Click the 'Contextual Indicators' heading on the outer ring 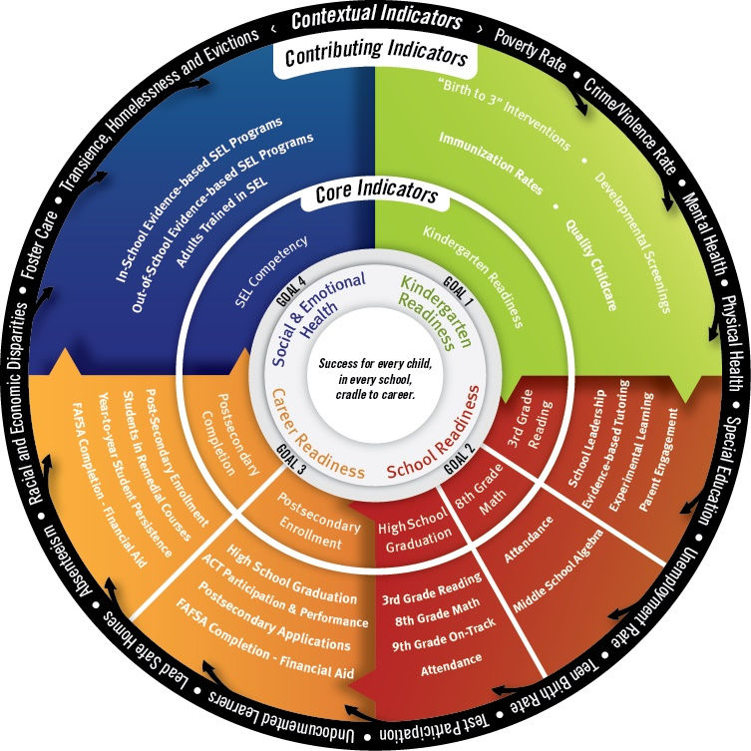(376, 19)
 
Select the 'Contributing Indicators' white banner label (376, 56)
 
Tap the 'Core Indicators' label (376, 192)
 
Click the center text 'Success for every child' (375, 363)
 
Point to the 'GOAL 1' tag (458, 290)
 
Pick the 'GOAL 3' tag (290, 459)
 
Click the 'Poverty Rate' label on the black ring (530, 49)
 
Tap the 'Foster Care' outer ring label (39, 244)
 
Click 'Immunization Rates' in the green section (492, 163)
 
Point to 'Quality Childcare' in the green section (591, 265)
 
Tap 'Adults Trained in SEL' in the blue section (221, 223)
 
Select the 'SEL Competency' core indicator (271, 271)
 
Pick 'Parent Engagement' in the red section (659, 459)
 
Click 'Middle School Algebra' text (558, 570)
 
